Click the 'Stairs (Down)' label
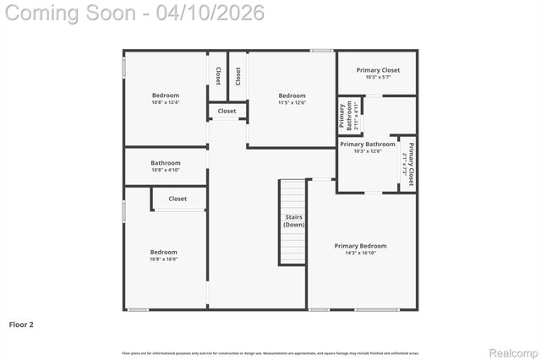point(293,221)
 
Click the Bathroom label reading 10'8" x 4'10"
point(166,163)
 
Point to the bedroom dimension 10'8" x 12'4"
point(166,103)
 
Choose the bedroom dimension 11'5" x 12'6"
point(292,103)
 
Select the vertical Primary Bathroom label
point(347,116)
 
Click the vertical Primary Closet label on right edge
point(408,164)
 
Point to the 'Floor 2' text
point(21,324)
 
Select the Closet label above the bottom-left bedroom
point(178,199)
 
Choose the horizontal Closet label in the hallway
point(227,111)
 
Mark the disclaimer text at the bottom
point(270,352)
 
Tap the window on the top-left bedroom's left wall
point(124,68)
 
